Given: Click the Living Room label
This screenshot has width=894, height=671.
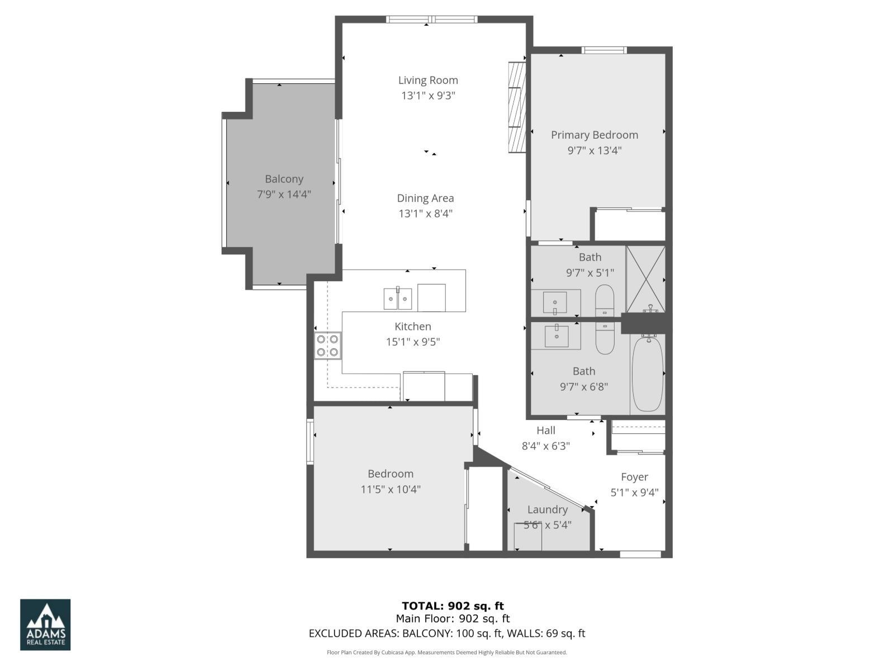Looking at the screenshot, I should point(428,81).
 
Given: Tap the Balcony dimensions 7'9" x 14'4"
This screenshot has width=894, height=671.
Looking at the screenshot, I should point(284,195).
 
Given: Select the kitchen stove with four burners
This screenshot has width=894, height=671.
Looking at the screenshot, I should point(327,345).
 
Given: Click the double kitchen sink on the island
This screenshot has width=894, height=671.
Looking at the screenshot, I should point(398,299).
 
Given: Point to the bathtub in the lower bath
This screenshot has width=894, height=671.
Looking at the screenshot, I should point(648,374).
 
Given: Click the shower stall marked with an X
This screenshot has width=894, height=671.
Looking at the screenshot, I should point(646,278).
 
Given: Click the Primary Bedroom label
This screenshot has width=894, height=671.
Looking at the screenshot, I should point(595,135).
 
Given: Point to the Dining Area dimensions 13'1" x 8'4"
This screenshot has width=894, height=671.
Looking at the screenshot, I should point(425,214).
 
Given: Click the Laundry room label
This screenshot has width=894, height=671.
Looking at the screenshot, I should point(547,509).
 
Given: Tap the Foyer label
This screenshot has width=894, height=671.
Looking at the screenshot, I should point(635,477).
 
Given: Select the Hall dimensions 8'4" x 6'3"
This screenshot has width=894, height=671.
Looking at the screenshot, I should point(546,446).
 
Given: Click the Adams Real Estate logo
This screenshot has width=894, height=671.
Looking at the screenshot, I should point(45,625).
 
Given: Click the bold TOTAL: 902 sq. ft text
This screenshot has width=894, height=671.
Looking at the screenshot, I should point(453,606).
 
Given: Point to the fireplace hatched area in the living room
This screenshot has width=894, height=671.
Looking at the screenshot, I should point(517,107).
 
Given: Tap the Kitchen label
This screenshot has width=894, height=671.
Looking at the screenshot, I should point(413,327).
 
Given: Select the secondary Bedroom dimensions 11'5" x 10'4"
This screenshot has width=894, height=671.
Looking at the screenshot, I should point(391,489).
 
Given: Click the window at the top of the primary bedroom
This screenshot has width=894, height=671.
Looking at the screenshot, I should point(604,50).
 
